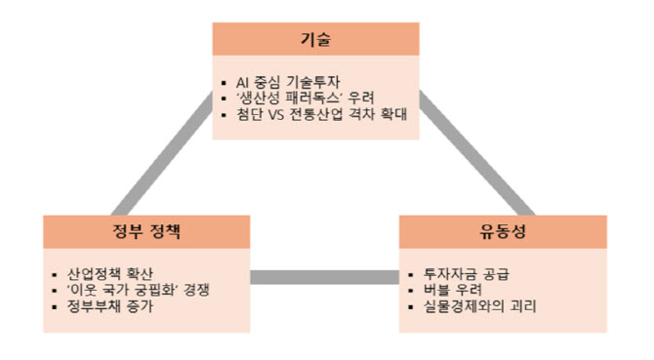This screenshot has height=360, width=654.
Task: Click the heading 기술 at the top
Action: pyautogui.click(x=315, y=39)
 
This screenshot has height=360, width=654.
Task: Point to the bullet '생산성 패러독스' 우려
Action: pyautogui.click(x=303, y=98)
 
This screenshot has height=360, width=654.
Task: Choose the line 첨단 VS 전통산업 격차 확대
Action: pyautogui.click(x=321, y=115)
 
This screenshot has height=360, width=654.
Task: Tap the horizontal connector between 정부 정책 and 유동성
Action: pyautogui.click(x=324, y=277)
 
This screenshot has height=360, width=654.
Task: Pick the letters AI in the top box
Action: pyautogui.click(x=244, y=81)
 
